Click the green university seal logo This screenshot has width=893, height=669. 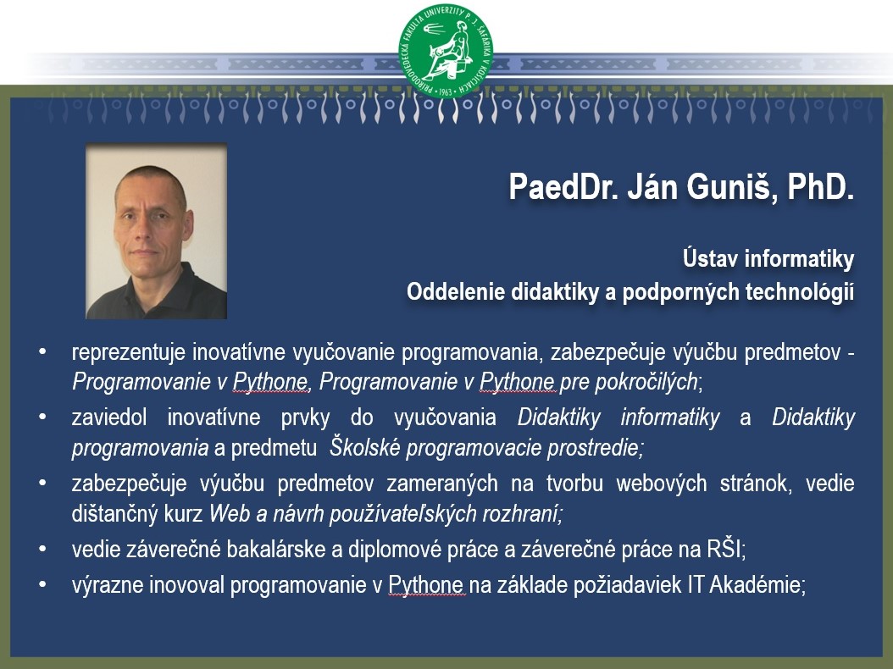pos(446,51)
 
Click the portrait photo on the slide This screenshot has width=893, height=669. pos(157,231)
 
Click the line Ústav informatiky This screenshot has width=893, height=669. pos(768,259)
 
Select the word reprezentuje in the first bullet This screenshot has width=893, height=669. pos(129,352)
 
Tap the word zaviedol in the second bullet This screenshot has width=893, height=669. pos(108,417)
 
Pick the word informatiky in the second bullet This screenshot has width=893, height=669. pos(669,417)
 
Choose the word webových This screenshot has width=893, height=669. pos(661,484)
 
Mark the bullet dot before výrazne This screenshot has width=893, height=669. pos(42,584)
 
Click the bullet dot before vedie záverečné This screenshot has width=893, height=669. pos(42,550)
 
